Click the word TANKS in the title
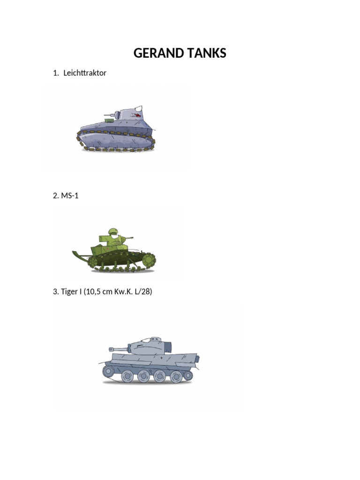205,53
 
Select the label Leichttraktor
85,73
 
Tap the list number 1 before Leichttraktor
55,73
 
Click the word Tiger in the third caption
70,292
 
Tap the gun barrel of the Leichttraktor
110,113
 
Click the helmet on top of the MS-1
113,231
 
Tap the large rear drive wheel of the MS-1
149,259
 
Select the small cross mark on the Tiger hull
162,358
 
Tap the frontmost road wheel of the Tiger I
108,372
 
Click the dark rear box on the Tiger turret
167,347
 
